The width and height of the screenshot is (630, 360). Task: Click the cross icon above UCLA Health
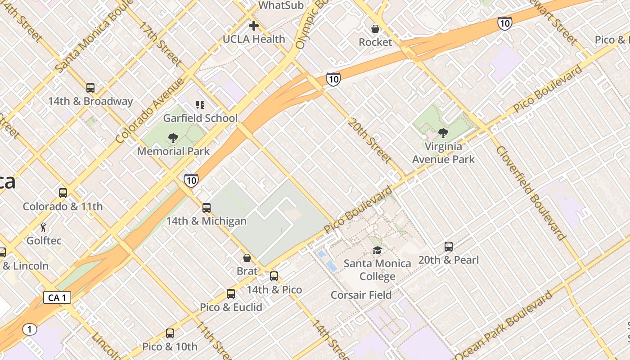coord(254,26)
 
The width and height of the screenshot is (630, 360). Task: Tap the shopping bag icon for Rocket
coord(375,29)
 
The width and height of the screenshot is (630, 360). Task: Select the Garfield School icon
coord(200,105)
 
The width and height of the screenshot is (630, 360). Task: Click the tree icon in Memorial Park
coord(173,138)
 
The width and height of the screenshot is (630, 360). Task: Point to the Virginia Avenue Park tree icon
coord(443,133)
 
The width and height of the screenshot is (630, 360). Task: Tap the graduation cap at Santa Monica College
coord(377,250)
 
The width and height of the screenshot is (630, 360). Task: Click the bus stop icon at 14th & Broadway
coord(90,88)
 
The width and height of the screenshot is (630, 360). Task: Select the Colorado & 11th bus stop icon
coord(63,193)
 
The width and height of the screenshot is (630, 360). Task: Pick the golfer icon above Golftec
coord(44,227)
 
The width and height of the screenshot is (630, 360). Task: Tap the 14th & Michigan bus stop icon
coord(207,208)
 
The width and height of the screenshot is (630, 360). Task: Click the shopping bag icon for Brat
coord(247,258)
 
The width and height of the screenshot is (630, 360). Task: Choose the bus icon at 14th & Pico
coord(274,276)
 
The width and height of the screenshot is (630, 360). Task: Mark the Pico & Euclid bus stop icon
coord(231,294)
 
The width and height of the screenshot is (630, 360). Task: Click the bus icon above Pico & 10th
coord(170,333)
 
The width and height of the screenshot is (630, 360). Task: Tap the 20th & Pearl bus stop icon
coord(449,247)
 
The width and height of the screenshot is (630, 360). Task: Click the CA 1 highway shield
coord(57,297)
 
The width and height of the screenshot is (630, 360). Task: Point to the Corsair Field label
coord(361,295)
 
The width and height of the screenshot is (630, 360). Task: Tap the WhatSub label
coord(281,5)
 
